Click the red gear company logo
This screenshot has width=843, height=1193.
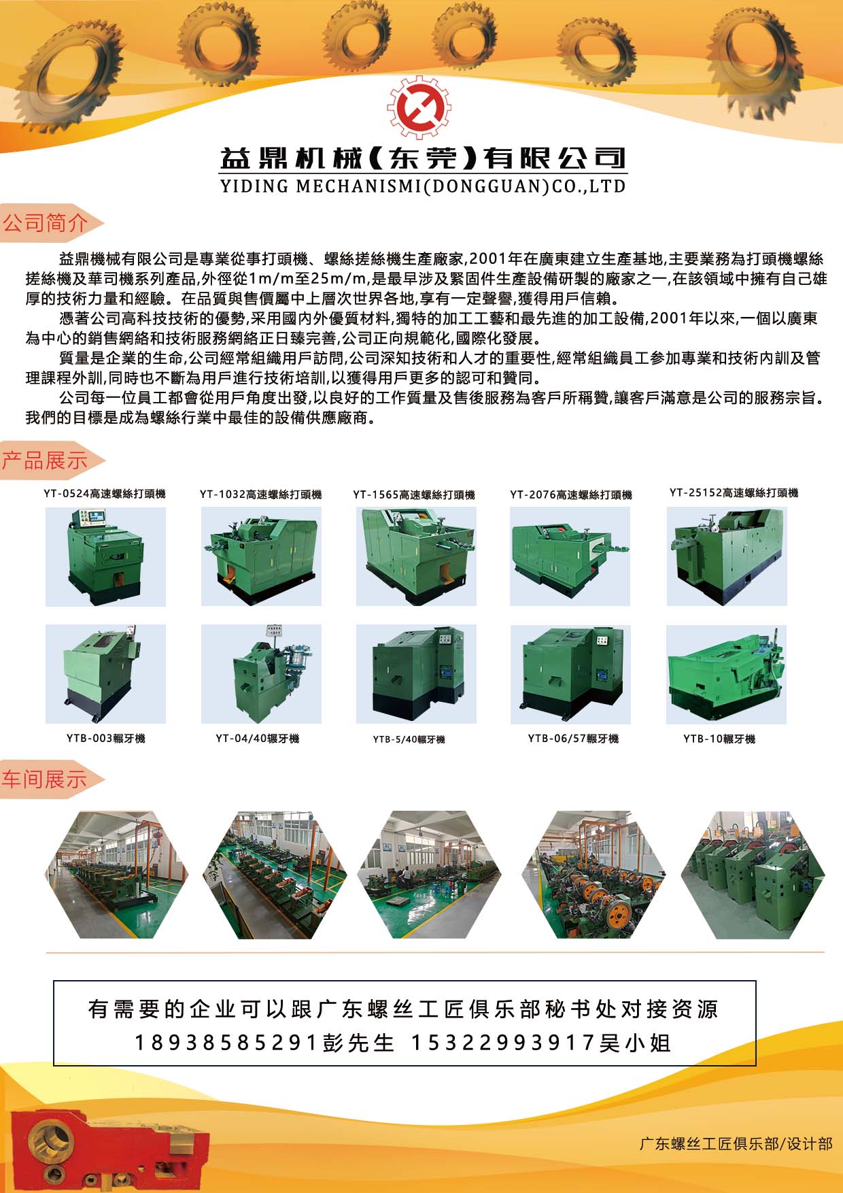[419, 107]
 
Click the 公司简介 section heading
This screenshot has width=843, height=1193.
[46, 223]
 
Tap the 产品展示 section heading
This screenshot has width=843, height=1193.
[46, 460]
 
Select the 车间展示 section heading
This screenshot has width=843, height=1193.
[46, 779]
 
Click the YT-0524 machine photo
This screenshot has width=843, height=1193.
[105, 556]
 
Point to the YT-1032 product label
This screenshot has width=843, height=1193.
[260, 494]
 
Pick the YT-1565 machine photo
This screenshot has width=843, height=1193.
[416, 556]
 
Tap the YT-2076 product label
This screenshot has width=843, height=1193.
[571, 495]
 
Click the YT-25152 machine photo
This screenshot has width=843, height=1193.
[726, 556]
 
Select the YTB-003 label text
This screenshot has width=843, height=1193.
[105, 739]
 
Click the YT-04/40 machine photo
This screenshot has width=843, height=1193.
[261, 673]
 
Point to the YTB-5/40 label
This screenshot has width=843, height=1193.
[409, 739]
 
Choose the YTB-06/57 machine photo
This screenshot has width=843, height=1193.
[570, 673]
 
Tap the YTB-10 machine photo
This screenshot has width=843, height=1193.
[726, 673]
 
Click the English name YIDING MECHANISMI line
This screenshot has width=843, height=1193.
[422, 186]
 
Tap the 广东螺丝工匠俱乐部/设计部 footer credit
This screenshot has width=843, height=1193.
[736, 1144]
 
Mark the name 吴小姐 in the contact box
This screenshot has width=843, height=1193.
[635, 1043]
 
